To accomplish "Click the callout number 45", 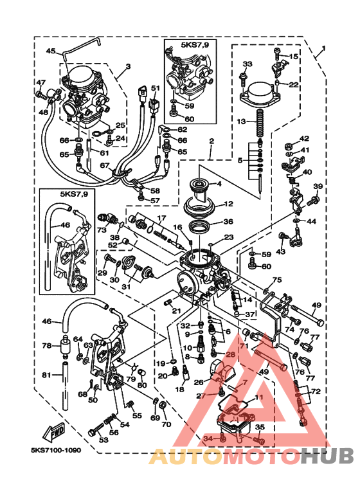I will coord(51,51).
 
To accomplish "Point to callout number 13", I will coord(241,121).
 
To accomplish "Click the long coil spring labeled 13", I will coord(260,122).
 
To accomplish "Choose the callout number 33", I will coord(248,64).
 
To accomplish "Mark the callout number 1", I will coord(324,49).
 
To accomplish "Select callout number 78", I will coord(47,346).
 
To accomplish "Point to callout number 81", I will coord(47,375).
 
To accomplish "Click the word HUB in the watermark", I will coord(328,456).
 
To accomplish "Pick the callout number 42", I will coord(304,139).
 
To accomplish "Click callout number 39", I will coord(316,186).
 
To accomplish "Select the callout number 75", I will coord(277,280).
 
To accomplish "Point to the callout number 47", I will coord(40,82).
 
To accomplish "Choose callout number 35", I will coord(260,426).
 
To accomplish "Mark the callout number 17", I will coord(162,218).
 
